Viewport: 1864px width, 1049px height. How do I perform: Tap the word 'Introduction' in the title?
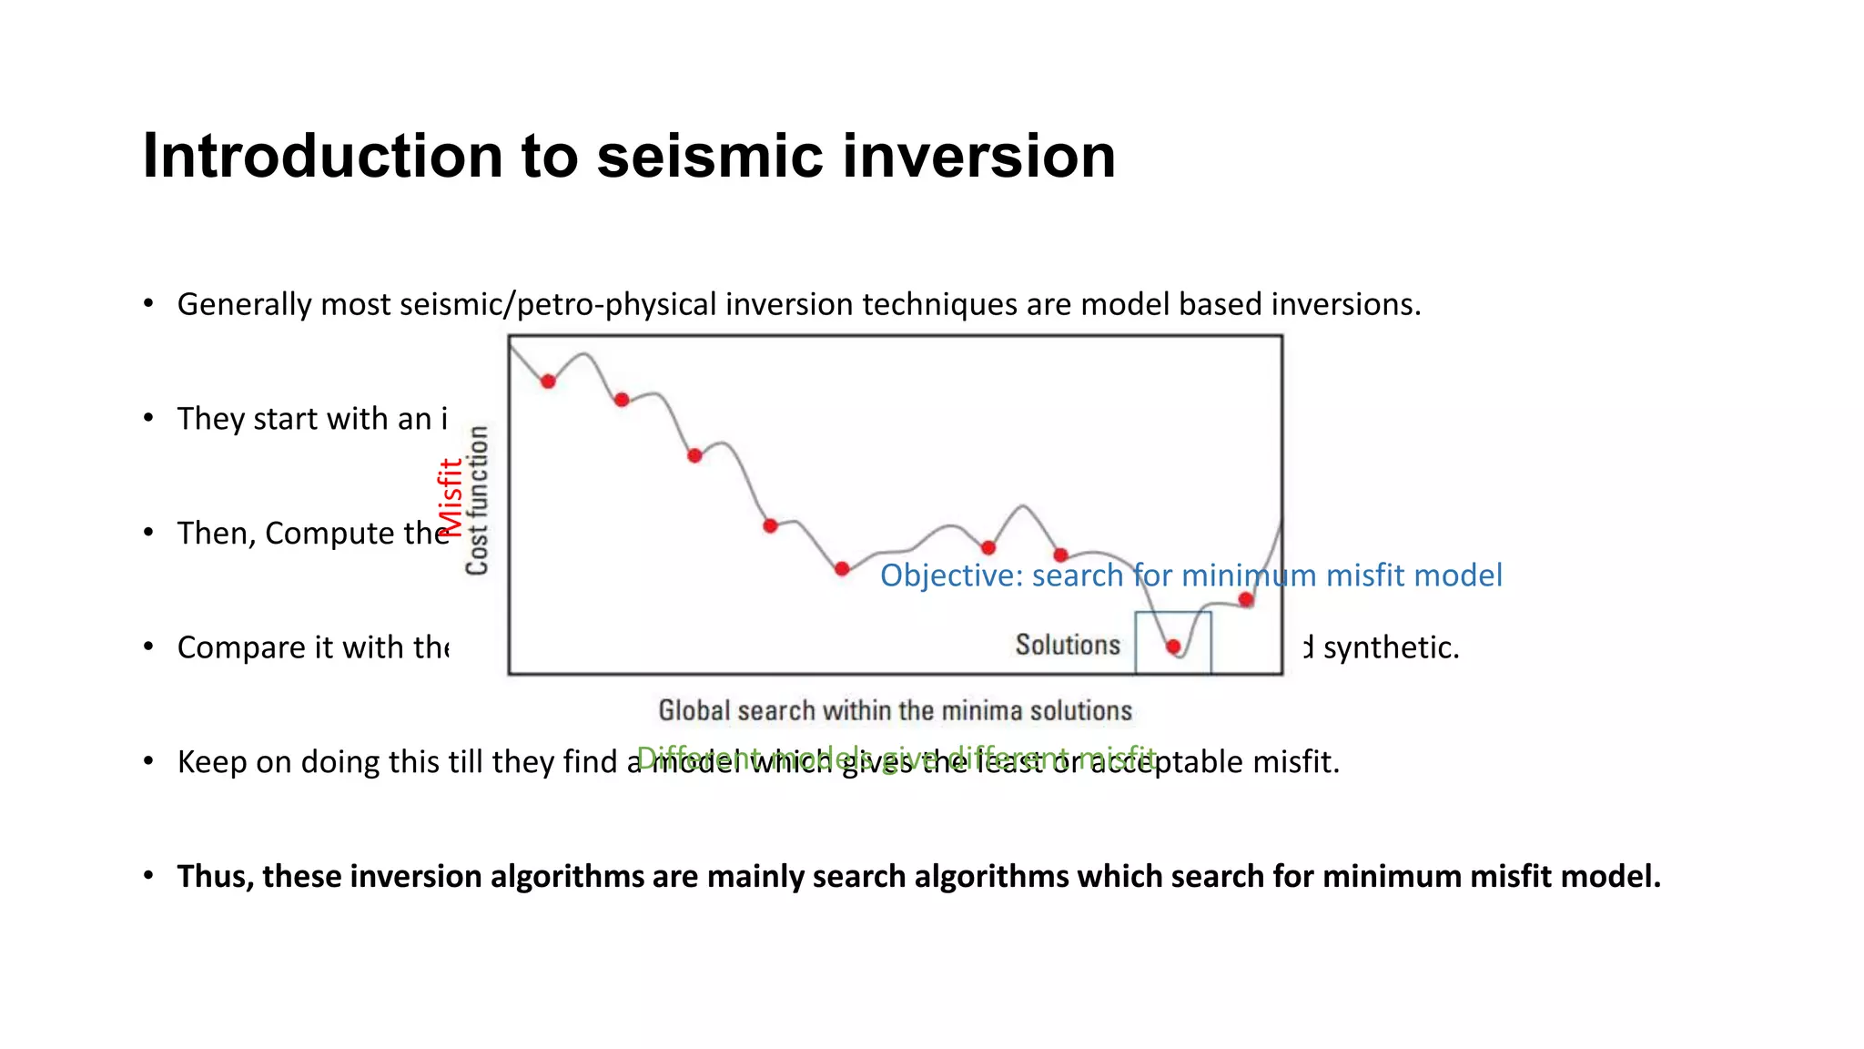pyautogui.click(x=323, y=157)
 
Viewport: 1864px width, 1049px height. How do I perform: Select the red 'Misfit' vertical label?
pyautogui.click(x=450, y=498)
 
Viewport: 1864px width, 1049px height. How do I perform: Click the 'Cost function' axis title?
pyautogui.click(x=477, y=501)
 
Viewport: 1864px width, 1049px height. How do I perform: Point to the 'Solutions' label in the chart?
pyautogui.click(x=1068, y=645)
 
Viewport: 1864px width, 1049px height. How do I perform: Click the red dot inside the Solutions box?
pyautogui.click(x=1173, y=647)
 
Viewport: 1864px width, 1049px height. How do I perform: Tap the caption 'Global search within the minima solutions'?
pyautogui.click(x=895, y=710)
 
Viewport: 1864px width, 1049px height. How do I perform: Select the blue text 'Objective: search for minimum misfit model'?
pyautogui.click(x=1190, y=575)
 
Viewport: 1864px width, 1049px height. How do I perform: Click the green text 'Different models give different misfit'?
pyautogui.click(x=897, y=757)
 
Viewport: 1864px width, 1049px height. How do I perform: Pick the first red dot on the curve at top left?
pyautogui.click(x=548, y=382)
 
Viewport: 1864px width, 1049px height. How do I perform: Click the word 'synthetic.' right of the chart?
pyautogui.click(x=1391, y=647)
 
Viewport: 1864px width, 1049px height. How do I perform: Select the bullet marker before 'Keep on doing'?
pyautogui.click(x=148, y=761)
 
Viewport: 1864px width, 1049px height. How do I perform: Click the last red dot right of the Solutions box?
pyautogui.click(x=1246, y=599)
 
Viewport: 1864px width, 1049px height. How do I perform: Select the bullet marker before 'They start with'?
pyautogui.click(x=148, y=418)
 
